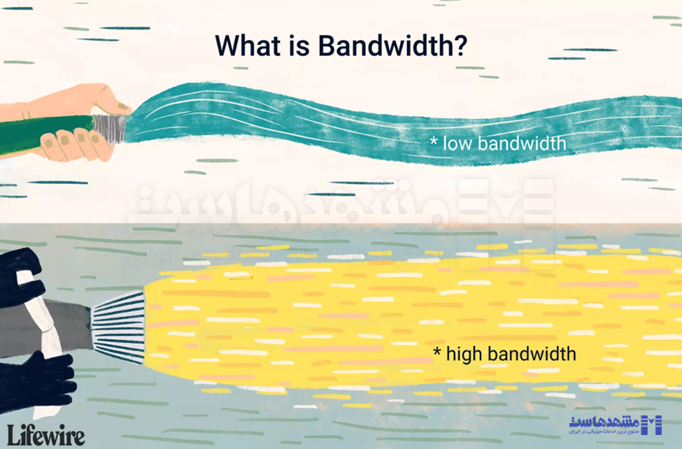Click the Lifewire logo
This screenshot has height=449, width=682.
(46, 434)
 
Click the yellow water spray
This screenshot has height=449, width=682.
(392, 315)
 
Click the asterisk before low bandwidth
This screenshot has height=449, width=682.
(434, 143)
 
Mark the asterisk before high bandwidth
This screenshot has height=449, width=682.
(438, 352)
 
